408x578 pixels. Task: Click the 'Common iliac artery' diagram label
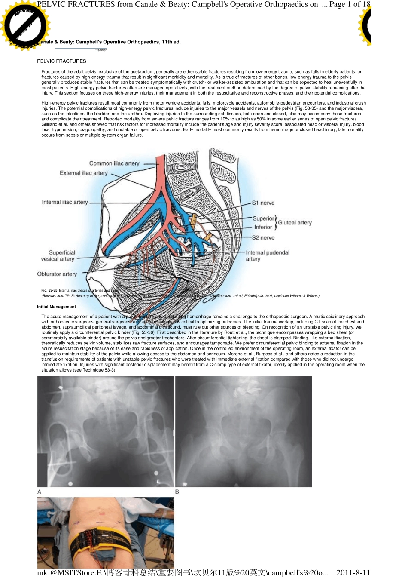[114, 163]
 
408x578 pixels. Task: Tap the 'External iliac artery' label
[84, 173]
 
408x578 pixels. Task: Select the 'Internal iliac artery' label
[65, 202]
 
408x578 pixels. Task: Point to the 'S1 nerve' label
[263, 203]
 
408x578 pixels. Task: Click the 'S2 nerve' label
[263, 238]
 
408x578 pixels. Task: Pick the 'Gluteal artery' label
[295, 223]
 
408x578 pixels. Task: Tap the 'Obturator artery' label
[57, 274]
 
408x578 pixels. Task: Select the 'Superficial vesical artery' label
[58, 256]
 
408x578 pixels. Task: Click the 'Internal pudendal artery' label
[267, 256]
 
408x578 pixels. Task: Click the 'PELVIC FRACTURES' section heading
[61, 61]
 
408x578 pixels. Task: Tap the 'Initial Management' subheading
[56, 307]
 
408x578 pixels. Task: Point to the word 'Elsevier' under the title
[100, 50]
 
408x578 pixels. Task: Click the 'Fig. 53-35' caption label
[49, 291]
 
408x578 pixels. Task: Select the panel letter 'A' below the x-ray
[40, 492]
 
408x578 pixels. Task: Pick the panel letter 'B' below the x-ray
[177, 492]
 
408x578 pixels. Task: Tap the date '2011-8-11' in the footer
[353, 572]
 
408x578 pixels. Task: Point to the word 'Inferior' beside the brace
[263, 227]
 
